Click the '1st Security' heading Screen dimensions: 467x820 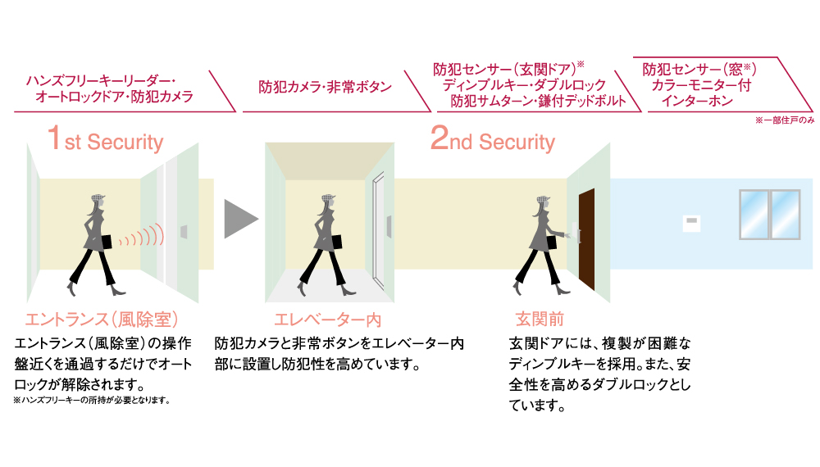click(x=105, y=141)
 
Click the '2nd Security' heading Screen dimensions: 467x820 click(x=493, y=141)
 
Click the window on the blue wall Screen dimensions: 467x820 click(x=769, y=214)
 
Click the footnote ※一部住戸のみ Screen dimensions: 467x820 click(x=784, y=120)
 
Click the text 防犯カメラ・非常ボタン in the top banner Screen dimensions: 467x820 click(x=326, y=86)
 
